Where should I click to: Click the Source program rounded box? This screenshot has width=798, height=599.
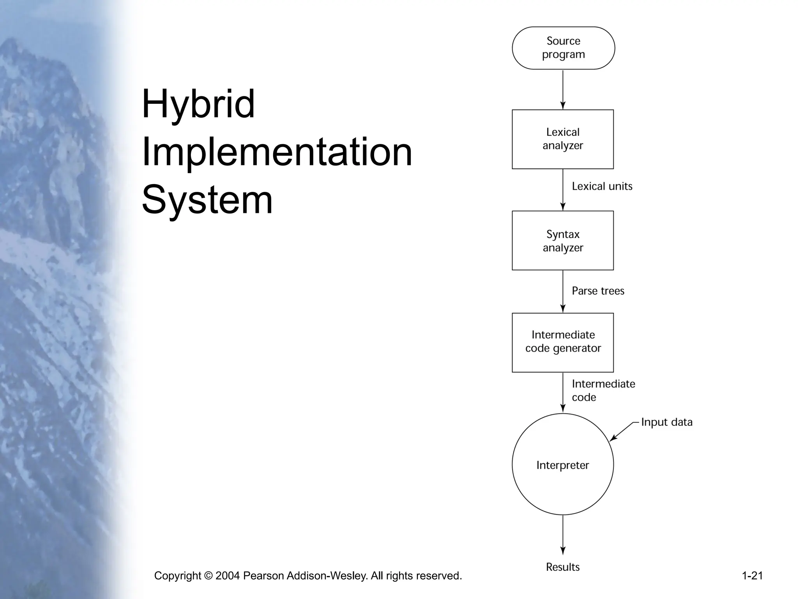click(563, 48)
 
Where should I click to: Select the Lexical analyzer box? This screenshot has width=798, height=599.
click(563, 139)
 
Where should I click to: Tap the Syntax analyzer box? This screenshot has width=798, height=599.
click(563, 241)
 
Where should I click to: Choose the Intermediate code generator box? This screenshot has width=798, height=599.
click(563, 342)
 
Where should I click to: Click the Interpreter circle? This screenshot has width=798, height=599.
click(563, 464)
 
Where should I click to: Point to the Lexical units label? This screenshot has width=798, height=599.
click(602, 186)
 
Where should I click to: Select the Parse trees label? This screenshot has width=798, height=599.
click(598, 291)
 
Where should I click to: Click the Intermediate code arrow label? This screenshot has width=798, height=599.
click(603, 390)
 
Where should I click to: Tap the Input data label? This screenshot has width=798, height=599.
click(667, 422)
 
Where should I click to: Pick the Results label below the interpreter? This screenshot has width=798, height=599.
click(563, 567)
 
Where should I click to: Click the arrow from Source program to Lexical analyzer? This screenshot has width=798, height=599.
click(563, 89)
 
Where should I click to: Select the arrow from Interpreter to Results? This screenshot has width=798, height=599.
click(563, 534)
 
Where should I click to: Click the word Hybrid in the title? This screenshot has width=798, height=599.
click(198, 105)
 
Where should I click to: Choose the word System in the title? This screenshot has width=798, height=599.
click(207, 200)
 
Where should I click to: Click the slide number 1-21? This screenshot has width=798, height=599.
click(752, 576)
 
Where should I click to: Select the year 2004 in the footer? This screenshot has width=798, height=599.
click(228, 576)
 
